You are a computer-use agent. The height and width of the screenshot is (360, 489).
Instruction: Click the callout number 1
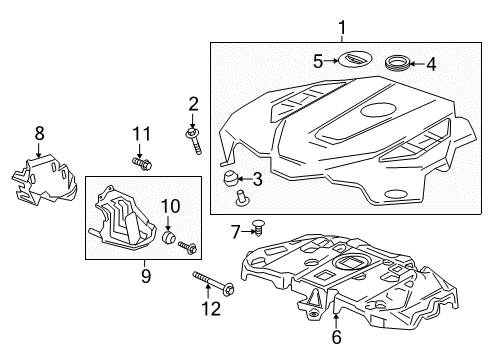[341, 27]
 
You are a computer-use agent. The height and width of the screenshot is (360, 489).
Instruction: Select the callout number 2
[193, 102]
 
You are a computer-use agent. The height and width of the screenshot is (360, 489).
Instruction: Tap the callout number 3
[258, 179]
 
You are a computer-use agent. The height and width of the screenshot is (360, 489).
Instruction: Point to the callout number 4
[431, 66]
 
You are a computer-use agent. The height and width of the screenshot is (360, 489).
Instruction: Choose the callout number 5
[318, 61]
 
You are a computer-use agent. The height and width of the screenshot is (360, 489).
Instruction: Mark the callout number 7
[236, 233]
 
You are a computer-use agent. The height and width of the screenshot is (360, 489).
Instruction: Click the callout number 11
[142, 133]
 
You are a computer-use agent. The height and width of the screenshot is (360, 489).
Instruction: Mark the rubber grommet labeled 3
[230, 180]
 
